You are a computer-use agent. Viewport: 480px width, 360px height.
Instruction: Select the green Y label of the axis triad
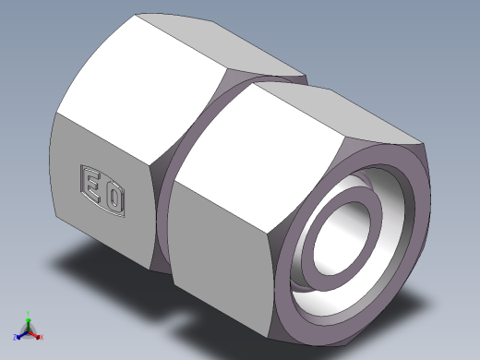[x=28, y=314]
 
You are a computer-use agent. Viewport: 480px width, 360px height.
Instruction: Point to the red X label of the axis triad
[x=42, y=337]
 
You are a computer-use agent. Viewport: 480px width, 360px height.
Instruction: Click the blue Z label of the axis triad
[x=14, y=337]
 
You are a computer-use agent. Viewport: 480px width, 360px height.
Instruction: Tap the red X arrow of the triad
[x=34, y=335]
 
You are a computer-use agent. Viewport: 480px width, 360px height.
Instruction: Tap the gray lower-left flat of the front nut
[x=222, y=249]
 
